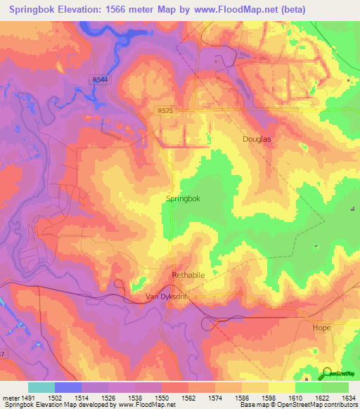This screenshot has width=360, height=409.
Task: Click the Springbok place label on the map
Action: [x=183, y=199]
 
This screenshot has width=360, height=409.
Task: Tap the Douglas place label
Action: [x=257, y=139]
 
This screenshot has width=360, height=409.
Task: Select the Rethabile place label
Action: [x=188, y=275]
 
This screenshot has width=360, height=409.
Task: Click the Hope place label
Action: [x=321, y=327]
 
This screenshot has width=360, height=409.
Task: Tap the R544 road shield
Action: [x=100, y=79]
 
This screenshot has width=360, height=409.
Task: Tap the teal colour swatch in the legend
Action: [x=41, y=387]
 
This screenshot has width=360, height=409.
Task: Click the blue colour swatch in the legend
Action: [x=68, y=387]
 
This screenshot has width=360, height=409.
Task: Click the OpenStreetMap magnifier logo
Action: [x=326, y=374]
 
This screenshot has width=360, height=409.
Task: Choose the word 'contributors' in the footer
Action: [x=340, y=405]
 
